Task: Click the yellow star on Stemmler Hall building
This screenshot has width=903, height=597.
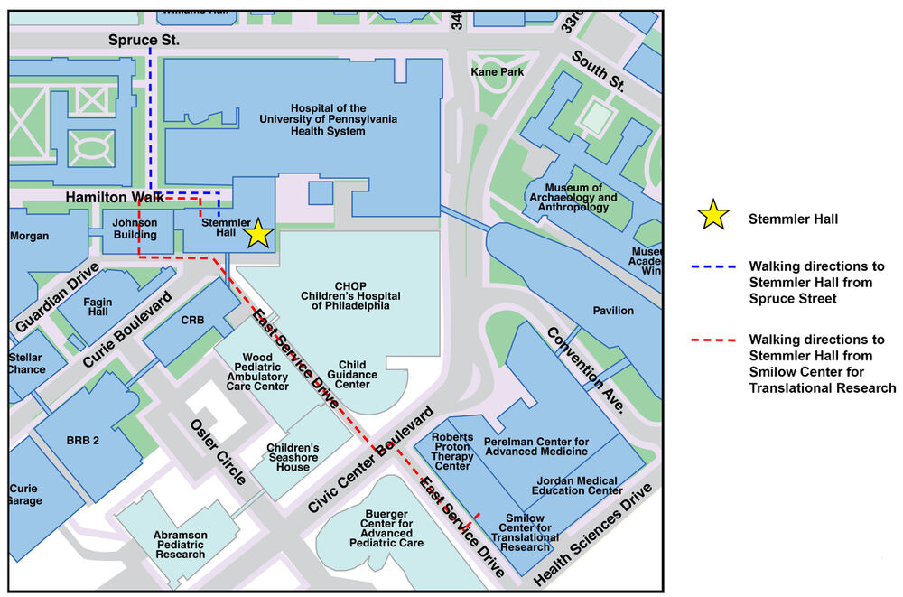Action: pos(258,233)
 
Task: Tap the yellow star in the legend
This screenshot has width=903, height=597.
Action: pos(712,217)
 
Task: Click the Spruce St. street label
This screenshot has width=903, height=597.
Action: pos(144,41)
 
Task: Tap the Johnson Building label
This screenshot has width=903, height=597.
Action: pos(135,229)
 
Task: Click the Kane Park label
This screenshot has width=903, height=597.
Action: pos(497,71)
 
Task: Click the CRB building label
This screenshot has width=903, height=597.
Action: pos(192,321)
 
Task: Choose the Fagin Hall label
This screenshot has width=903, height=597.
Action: pos(97,307)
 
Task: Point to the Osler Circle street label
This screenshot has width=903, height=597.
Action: pos(218,452)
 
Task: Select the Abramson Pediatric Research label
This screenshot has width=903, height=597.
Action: pos(180,544)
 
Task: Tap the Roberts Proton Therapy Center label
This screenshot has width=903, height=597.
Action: pos(452,452)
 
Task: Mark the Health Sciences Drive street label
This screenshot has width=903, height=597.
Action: pos(592,536)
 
